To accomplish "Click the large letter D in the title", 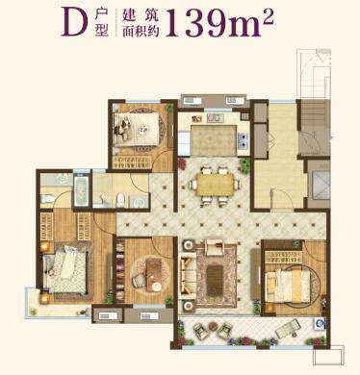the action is [x=74, y=22].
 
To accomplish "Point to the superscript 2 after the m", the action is [x=268, y=16].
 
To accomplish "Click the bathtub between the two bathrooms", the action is [x=82, y=191].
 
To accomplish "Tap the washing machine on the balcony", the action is [x=320, y=324].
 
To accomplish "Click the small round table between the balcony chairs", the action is [x=213, y=327].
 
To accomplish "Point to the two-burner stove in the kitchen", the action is [x=243, y=141].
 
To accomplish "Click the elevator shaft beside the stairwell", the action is [x=319, y=185].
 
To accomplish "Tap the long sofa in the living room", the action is [x=186, y=273].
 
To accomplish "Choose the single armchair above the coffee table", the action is [x=215, y=246].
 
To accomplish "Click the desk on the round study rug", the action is [x=153, y=273].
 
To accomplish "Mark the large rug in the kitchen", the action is [x=213, y=140].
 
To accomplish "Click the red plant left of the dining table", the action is [x=182, y=163].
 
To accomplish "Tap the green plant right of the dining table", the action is [x=245, y=165].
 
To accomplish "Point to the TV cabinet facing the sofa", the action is [x=255, y=274].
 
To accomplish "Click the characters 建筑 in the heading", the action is [x=141, y=14].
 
